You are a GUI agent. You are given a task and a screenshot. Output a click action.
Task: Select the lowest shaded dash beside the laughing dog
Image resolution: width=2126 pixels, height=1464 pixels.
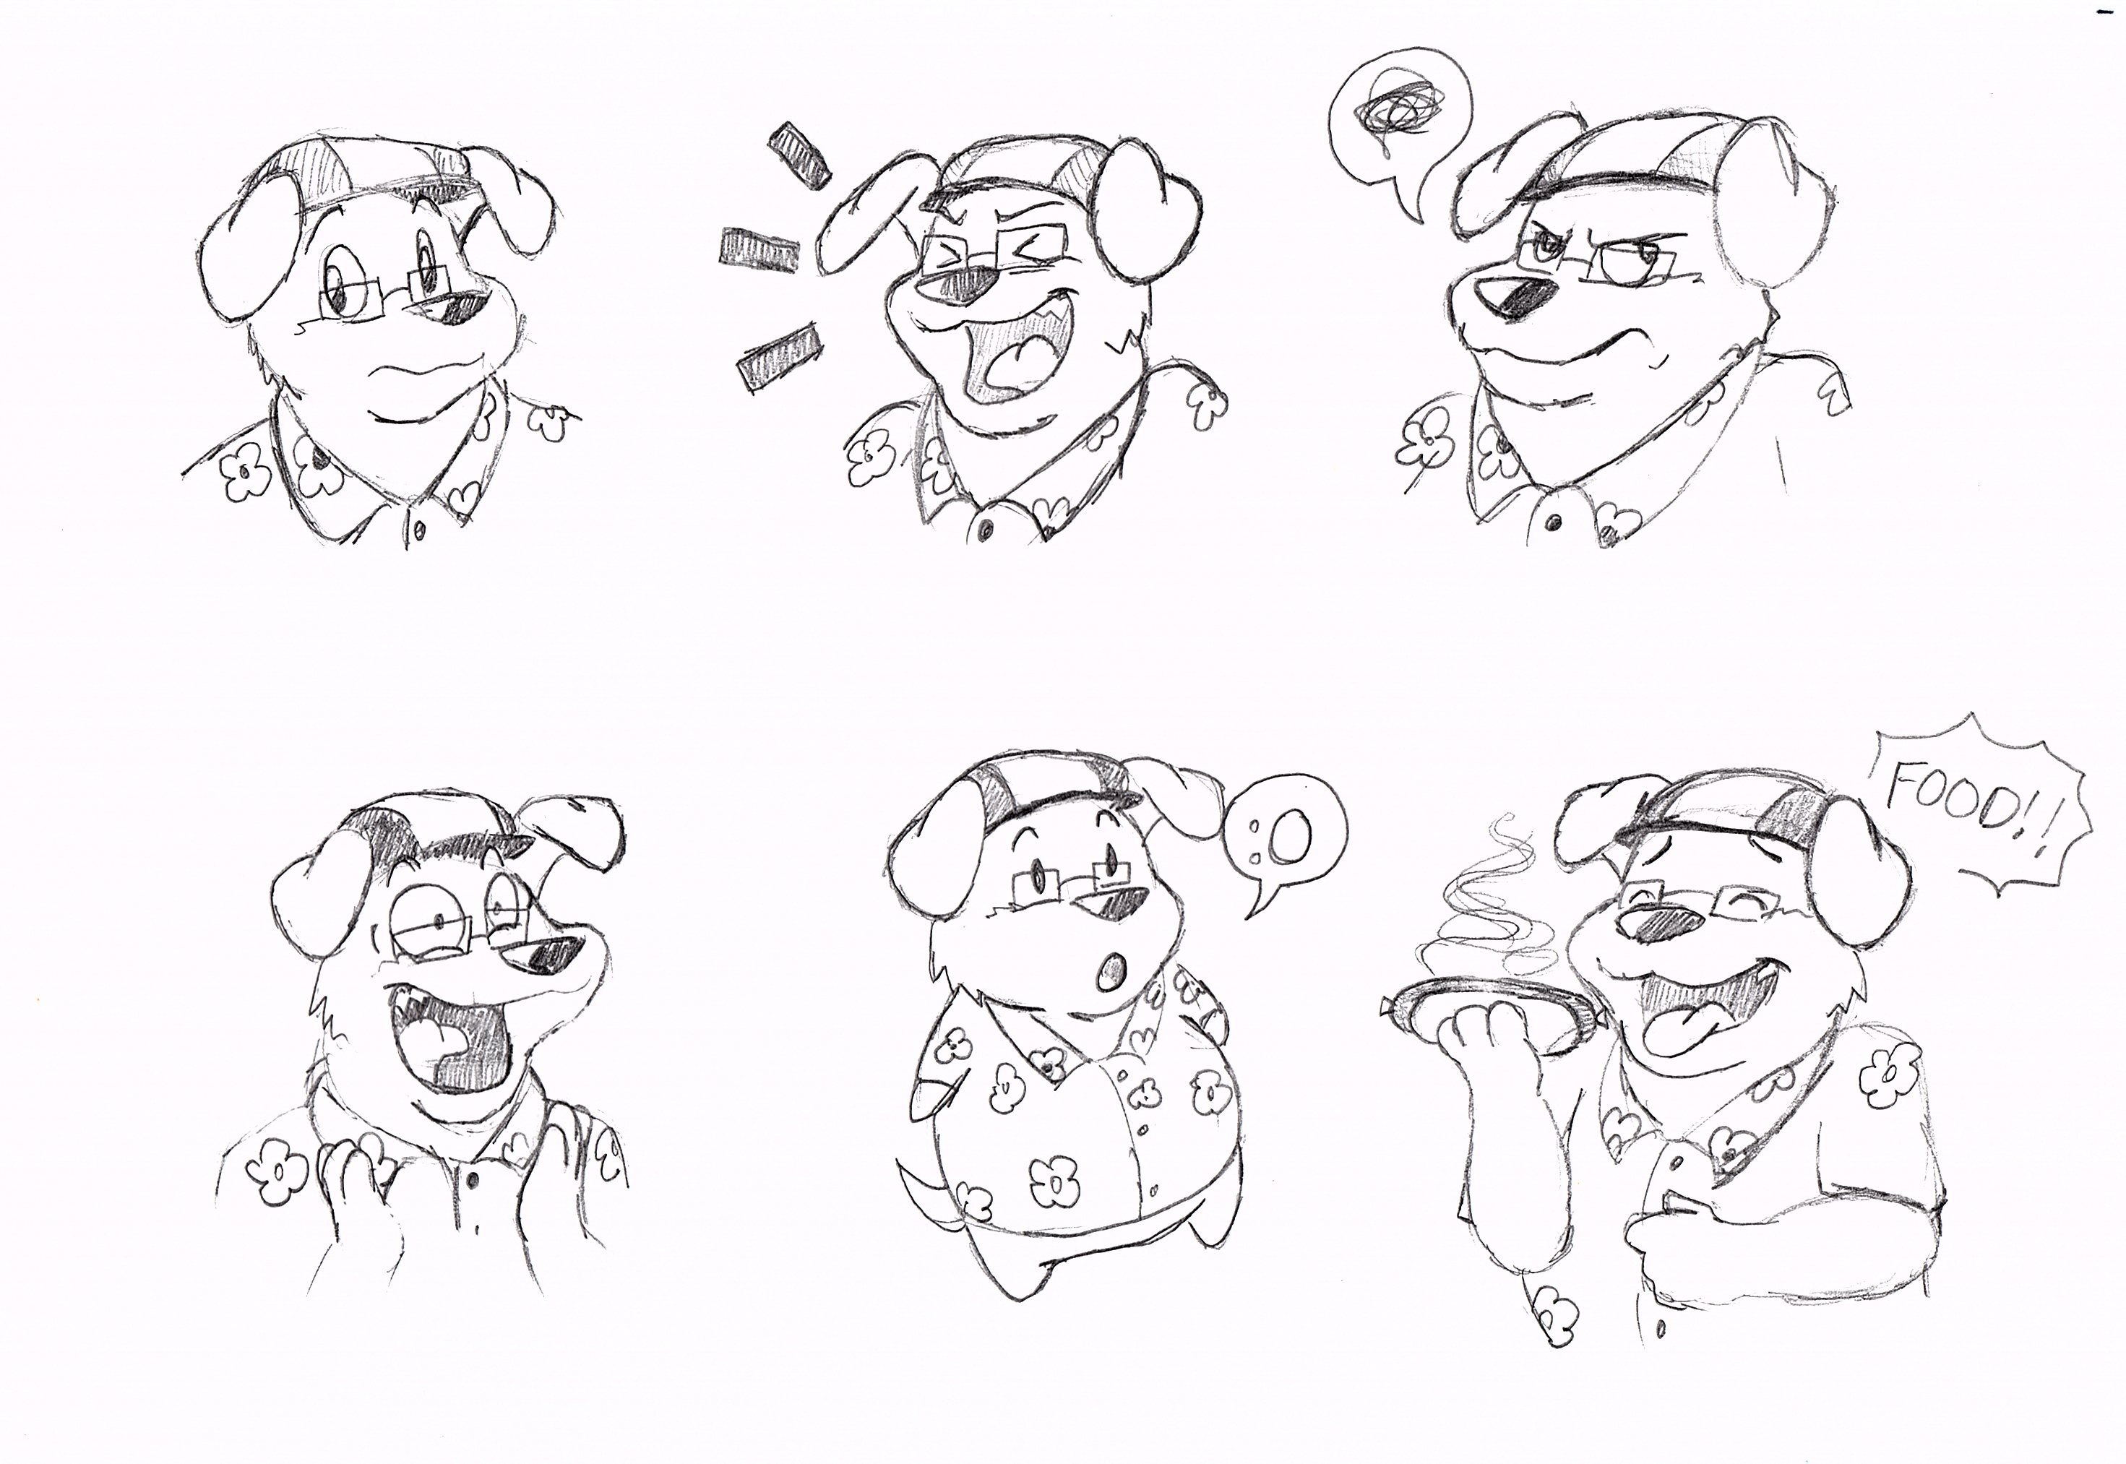click(779, 358)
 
